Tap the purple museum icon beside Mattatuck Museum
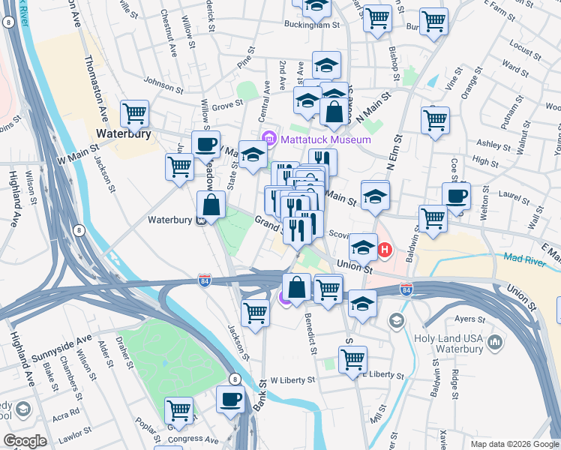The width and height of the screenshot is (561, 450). click(x=268, y=139)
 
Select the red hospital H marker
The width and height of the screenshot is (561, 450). click(x=385, y=250)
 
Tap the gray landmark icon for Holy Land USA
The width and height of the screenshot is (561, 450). click(x=494, y=343)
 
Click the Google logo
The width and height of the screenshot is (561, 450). click(x=25, y=441)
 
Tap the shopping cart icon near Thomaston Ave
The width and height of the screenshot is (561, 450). click(x=135, y=114)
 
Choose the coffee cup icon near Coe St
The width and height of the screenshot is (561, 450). click(x=456, y=196)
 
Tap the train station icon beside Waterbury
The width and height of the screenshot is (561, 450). click(x=200, y=220)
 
